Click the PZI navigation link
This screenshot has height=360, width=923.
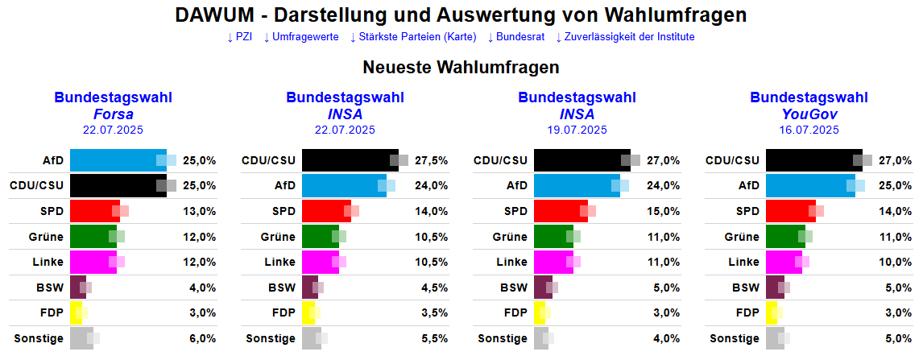click(240, 37)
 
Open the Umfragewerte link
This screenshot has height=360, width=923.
click(301, 37)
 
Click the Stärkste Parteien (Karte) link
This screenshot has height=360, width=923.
click(413, 37)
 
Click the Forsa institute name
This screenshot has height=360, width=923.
click(114, 114)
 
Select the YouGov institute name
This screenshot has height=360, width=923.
click(809, 114)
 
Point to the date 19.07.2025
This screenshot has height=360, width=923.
click(577, 129)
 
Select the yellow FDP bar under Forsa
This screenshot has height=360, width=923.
click(77, 313)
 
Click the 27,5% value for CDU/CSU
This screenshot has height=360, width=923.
click(432, 160)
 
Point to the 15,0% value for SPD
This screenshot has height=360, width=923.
click(664, 212)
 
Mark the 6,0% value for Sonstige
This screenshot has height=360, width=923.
click(202, 339)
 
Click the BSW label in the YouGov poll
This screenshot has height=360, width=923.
click(746, 288)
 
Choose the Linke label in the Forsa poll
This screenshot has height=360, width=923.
click(48, 263)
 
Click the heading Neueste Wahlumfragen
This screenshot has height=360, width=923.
click(461, 67)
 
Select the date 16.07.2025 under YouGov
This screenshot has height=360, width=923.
click(809, 129)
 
